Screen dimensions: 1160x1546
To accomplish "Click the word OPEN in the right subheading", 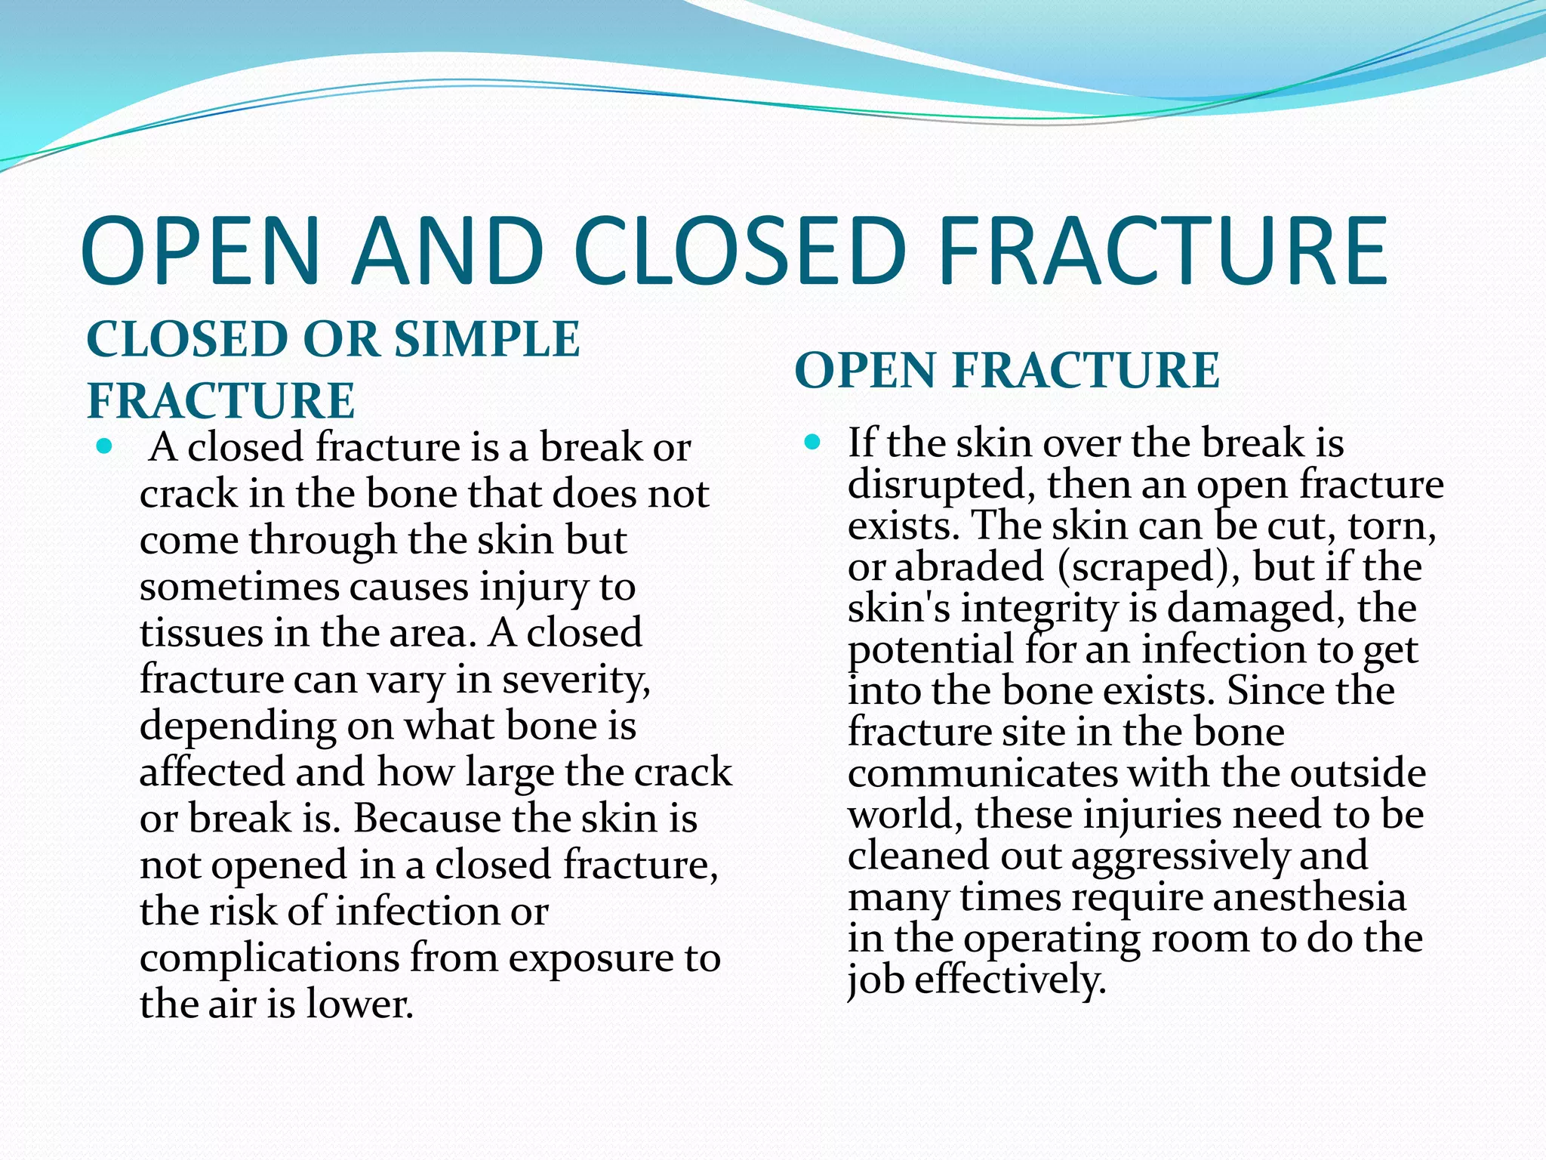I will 865,371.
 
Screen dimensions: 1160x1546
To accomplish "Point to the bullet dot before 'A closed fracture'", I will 105,446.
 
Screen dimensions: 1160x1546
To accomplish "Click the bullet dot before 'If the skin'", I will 812,442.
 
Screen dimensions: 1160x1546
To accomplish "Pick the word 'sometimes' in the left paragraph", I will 238,587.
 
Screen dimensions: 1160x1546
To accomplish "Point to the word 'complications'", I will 269,958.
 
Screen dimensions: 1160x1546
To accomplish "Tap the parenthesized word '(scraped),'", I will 1148,567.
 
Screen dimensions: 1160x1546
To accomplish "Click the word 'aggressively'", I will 1180,856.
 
